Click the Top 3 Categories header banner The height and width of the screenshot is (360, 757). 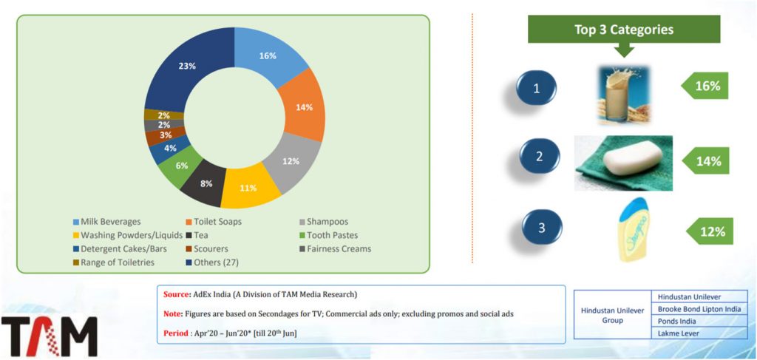pos(623,30)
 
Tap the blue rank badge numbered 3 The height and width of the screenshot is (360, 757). pos(541,228)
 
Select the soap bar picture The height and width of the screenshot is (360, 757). pos(623,162)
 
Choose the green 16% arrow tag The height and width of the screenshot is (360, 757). pos(707,86)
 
